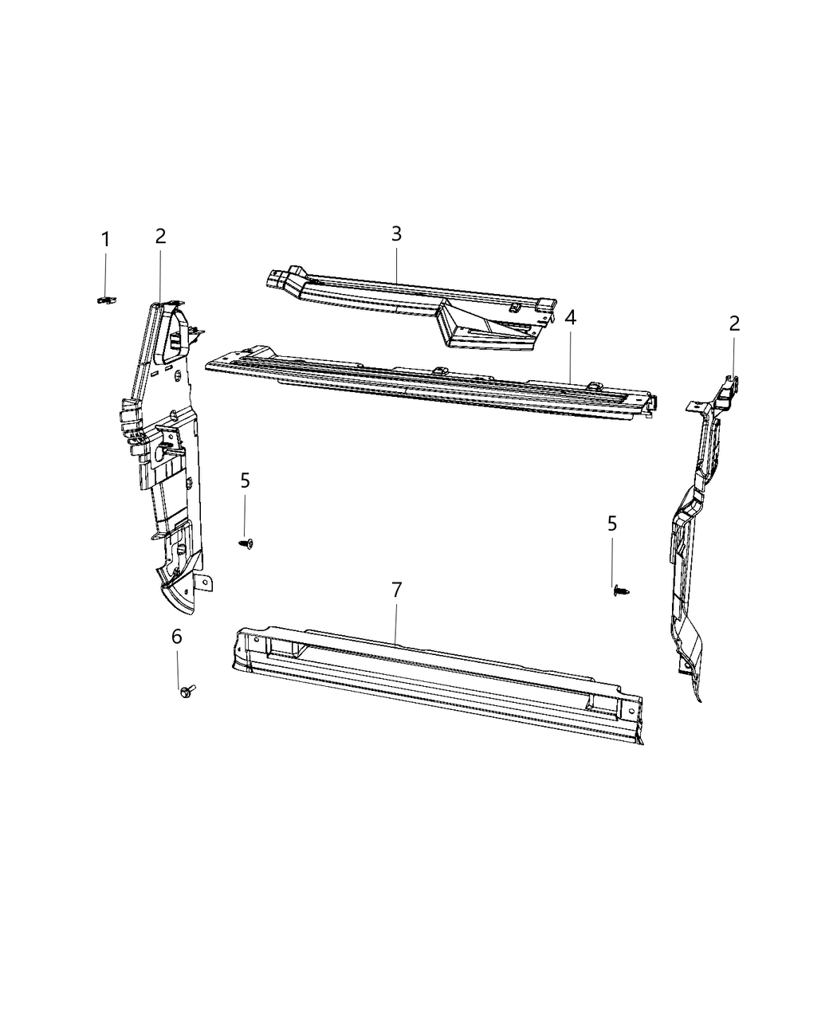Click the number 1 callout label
pos(104,239)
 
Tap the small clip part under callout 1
pos(104,299)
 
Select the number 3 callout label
pos(396,233)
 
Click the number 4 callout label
pos(570,317)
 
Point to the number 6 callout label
pos(177,636)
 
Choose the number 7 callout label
pos(396,590)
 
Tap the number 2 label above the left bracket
pos(160,236)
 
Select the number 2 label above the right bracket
pos(734,323)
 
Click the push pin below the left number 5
pos(246,543)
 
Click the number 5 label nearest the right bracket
pos(612,524)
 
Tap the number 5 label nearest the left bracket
pos(245,480)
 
